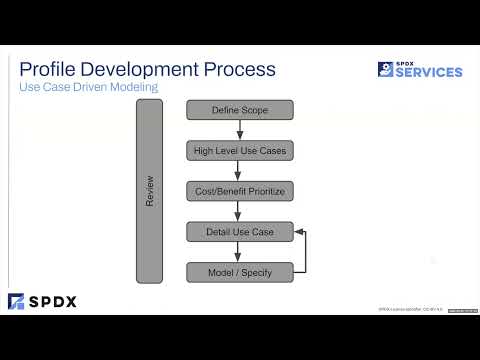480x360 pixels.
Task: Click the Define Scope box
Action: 239,110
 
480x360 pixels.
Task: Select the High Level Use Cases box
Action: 239,151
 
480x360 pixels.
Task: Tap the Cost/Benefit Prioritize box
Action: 239,191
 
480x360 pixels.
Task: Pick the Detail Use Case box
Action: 239,232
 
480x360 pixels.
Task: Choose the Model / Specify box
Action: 239,272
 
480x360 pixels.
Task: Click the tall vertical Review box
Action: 149,191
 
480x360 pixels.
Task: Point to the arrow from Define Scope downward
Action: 239,130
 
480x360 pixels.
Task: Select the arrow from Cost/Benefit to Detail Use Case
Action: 239,212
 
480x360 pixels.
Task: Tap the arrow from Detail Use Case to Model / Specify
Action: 239,252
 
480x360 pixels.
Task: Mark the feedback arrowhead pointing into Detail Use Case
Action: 298,232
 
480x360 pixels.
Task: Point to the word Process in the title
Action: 240,70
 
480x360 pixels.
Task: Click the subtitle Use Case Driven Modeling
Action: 88,89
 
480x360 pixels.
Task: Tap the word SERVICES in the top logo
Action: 430,72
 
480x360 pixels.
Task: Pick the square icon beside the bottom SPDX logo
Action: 16,301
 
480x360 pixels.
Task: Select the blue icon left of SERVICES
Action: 385,69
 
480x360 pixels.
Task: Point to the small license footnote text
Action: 404,309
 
